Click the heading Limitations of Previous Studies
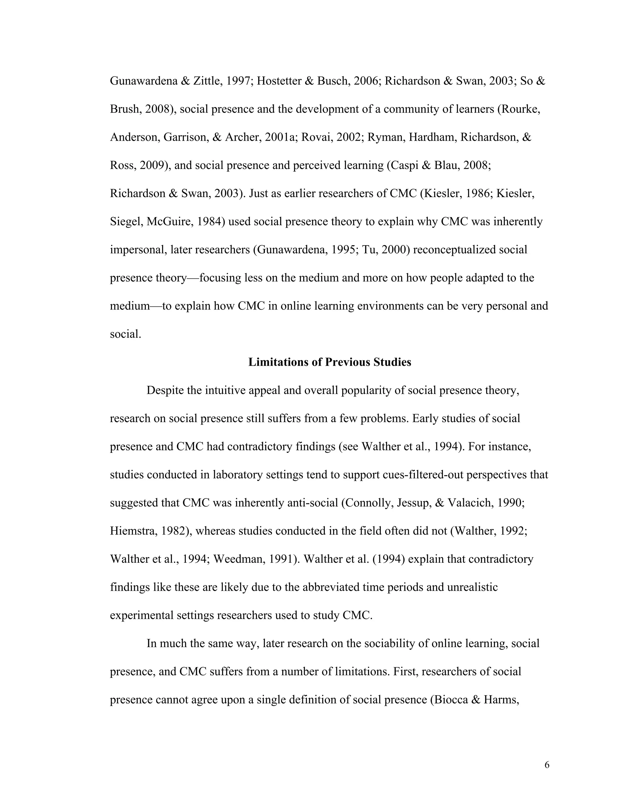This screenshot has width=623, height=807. tap(329, 362)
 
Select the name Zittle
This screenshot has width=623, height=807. tap(206, 81)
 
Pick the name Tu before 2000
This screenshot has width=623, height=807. tap(368, 250)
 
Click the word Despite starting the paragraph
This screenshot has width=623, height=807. tap(165, 391)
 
